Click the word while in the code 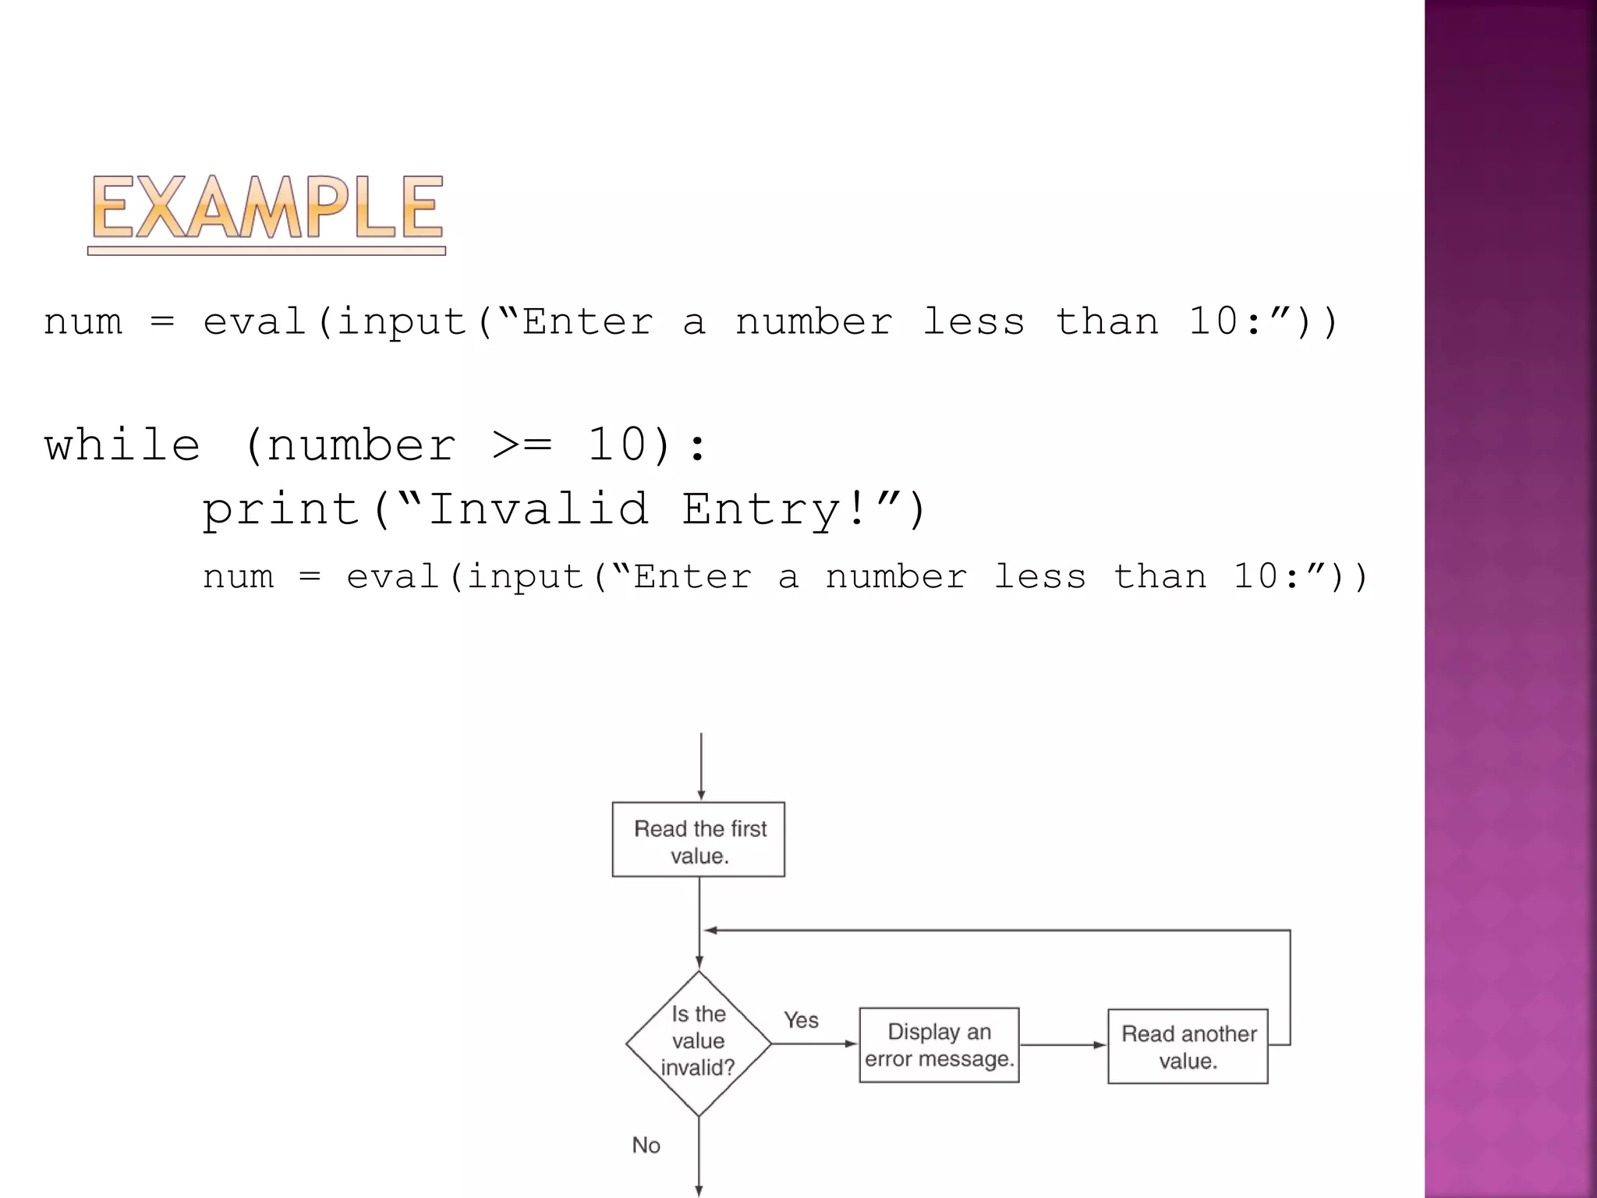tap(122, 445)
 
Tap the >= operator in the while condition tap(522, 445)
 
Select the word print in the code tap(281, 510)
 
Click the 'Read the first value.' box tap(699, 840)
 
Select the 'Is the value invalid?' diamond tap(699, 1043)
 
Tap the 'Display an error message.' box tap(939, 1045)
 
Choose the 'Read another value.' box tap(1188, 1047)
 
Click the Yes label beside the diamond tap(801, 1020)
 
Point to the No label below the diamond tap(646, 1145)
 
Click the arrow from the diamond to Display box tap(814, 1044)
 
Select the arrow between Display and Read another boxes tap(1063, 1045)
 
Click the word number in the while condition tap(360, 445)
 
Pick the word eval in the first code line tap(254, 322)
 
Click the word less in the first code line tap(973, 322)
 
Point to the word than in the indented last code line tap(1160, 577)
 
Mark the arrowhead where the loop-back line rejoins tap(710, 930)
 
